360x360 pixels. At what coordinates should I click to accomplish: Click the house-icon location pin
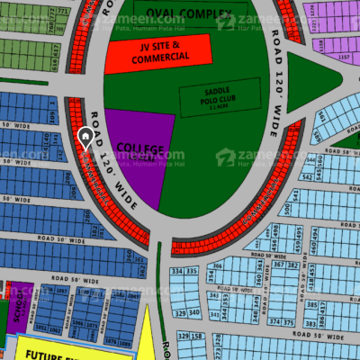point(86,139)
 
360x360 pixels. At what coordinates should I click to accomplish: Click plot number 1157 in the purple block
point(344,57)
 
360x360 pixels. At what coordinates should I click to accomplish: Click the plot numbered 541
point(288,209)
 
